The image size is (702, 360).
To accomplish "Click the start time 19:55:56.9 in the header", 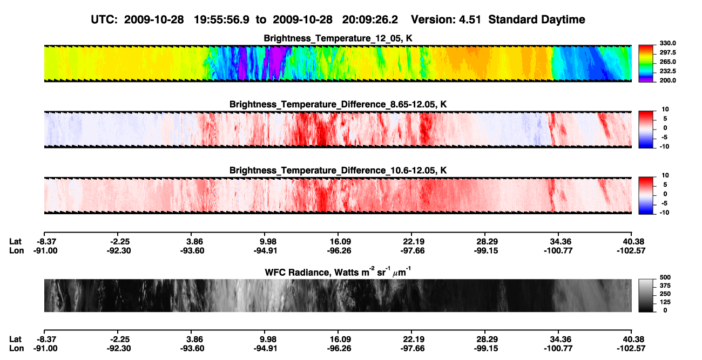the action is tap(221, 19).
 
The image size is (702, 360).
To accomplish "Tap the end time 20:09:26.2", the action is tap(370, 19).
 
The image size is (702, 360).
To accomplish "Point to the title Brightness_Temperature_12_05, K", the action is tap(338, 38).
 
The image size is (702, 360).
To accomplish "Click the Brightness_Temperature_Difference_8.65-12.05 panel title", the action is tap(338, 104).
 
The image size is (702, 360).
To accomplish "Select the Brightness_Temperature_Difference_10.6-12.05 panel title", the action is tap(338, 171).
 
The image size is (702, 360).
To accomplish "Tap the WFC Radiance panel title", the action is tap(338, 272).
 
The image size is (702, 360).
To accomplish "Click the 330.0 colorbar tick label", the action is tap(667, 43).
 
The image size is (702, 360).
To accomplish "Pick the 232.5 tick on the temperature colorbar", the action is tap(667, 71).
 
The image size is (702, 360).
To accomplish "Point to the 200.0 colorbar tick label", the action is tap(667, 80).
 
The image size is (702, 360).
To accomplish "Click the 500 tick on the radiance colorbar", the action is tap(665, 277).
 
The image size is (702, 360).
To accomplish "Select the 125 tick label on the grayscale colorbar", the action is tap(665, 302).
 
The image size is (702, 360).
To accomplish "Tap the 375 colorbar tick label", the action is tap(665, 286).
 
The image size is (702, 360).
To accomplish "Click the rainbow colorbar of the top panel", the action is tap(646, 64).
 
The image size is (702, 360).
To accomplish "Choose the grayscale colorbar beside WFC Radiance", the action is tap(646, 295).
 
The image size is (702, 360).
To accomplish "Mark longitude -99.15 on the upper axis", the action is tap(486, 251).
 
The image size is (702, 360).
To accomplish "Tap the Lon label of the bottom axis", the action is tap(16, 349).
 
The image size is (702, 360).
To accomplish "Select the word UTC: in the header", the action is tap(104, 19).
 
